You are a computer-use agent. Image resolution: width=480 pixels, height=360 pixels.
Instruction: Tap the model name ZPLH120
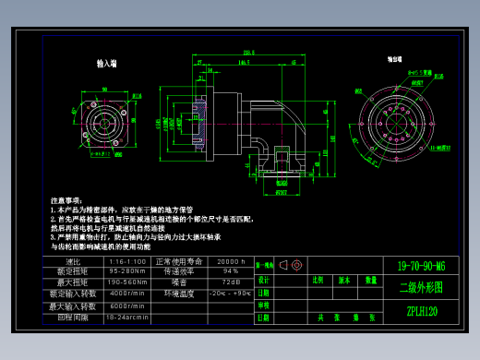tap(421, 311)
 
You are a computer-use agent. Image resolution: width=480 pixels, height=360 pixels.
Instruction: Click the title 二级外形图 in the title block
tap(420, 287)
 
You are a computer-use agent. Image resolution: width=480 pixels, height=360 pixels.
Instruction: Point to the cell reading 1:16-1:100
tap(128, 261)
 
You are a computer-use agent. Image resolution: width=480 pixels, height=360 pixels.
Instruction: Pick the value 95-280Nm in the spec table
tap(128, 271)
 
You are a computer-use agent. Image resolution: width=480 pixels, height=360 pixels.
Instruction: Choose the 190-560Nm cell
tap(128, 282)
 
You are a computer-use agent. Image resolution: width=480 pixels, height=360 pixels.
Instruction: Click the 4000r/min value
tap(128, 294)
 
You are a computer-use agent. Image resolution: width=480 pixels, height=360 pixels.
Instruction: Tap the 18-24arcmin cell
tap(128, 317)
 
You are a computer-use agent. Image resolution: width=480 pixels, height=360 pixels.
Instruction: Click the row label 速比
tap(74, 261)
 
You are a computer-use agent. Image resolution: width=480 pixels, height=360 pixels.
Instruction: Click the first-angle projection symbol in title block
tap(290, 265)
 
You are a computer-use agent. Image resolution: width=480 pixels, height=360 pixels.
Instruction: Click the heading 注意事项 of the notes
tap(66, 199)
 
